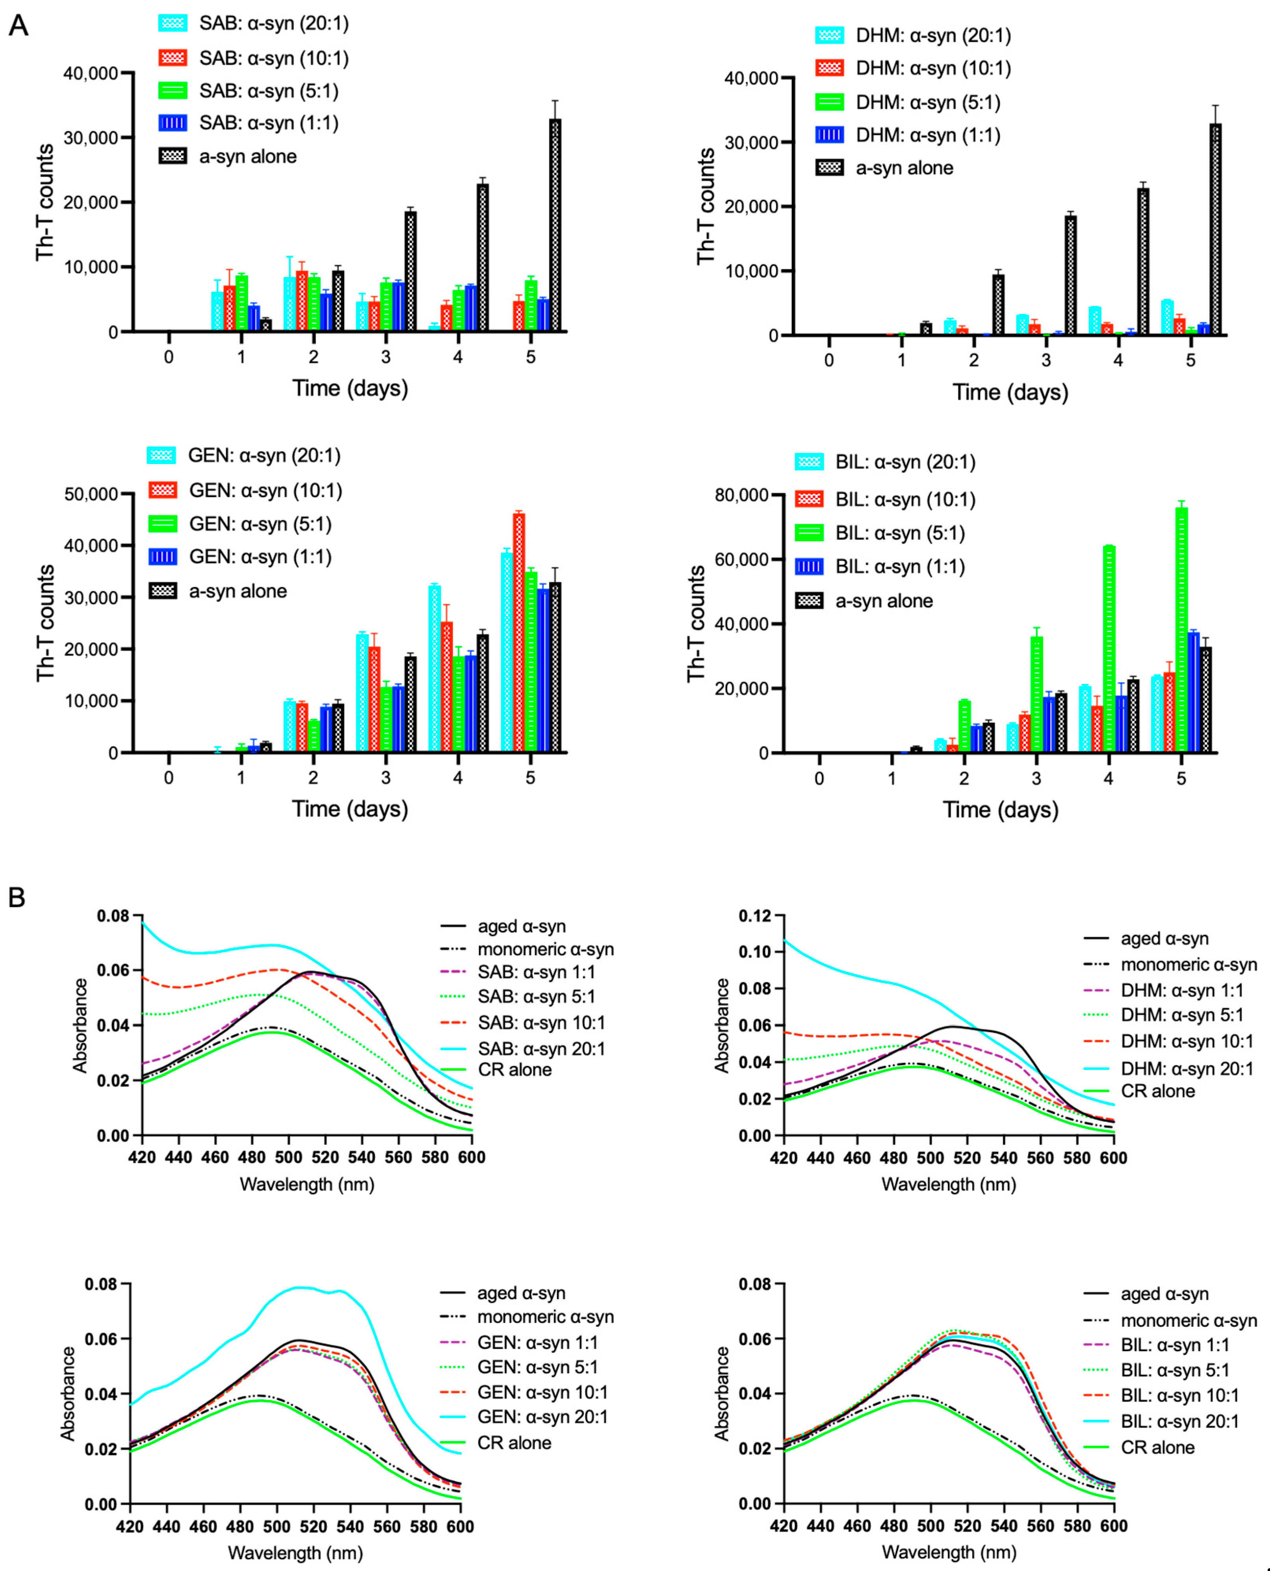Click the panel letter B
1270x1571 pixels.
[17, 897]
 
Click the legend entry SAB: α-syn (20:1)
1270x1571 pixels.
[254, 23]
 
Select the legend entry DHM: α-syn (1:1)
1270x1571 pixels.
[908, 135]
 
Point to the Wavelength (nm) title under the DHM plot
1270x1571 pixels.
[949, 1184]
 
